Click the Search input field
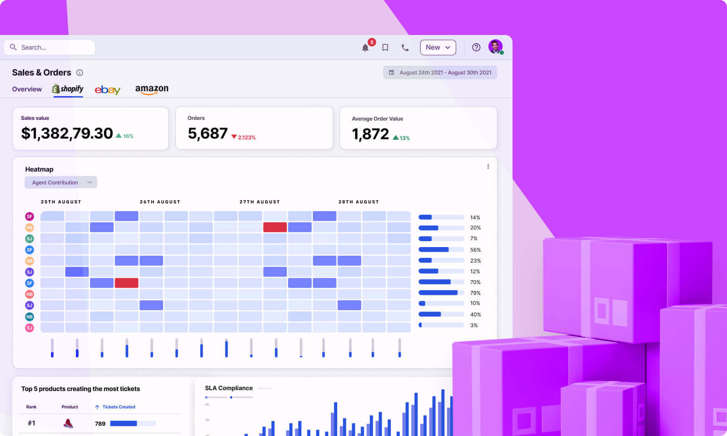coord(50,47)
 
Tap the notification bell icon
coord(365,48)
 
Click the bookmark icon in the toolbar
coord(385,47)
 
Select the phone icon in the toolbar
coord(405,47)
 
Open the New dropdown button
coord(438,47)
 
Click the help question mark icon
coord(476,47)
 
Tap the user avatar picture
coord(495,46)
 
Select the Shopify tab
coord(68,89)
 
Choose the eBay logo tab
coord(108,89)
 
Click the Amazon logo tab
coord(152,89)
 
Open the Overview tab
coord(27,89)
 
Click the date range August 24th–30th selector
coord(440,73)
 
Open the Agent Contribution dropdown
coord(60,183)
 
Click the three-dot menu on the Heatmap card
coord(488,167)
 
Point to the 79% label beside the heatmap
coord(475,293)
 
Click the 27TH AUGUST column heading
coord(259,202)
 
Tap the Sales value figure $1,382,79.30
coord(67,134)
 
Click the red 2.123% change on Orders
coord(244,137)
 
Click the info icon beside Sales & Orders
coord(80,73)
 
